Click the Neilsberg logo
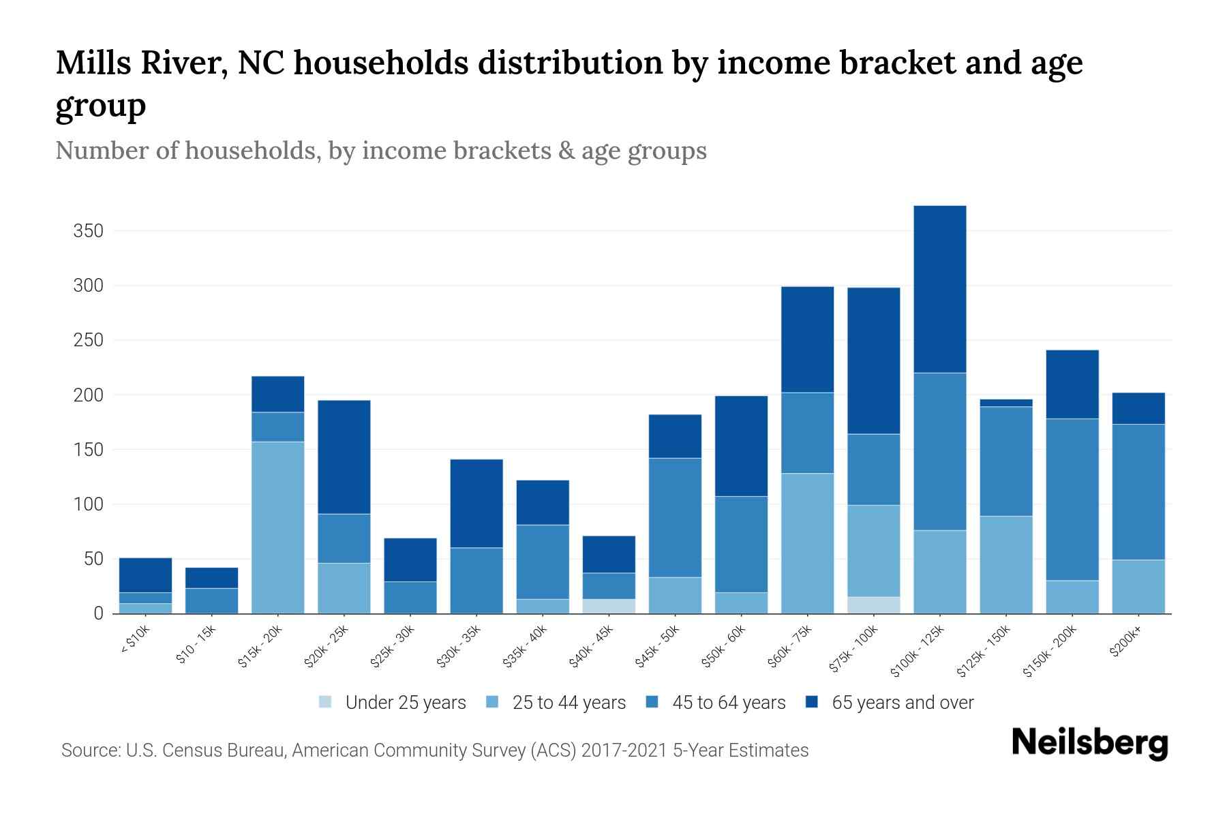point(1090,743)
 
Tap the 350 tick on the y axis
point(88,231)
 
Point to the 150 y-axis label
point(88,450)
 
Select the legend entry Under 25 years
point(406,703)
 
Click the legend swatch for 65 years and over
point(812,702)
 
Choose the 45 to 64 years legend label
point(729,703)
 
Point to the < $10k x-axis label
point(136,641)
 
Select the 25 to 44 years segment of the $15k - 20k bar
point(278,528)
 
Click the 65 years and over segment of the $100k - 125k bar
point(940,289)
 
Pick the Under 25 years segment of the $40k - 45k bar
point(609,606)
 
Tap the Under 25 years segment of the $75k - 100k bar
point(874,605)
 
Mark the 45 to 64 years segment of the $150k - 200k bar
point(1072,500)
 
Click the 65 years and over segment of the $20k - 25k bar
point(344,457)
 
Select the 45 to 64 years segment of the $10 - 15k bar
point(212,601)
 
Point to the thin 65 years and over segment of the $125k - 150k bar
point(1006,403)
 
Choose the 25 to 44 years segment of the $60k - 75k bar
point(808,543)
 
